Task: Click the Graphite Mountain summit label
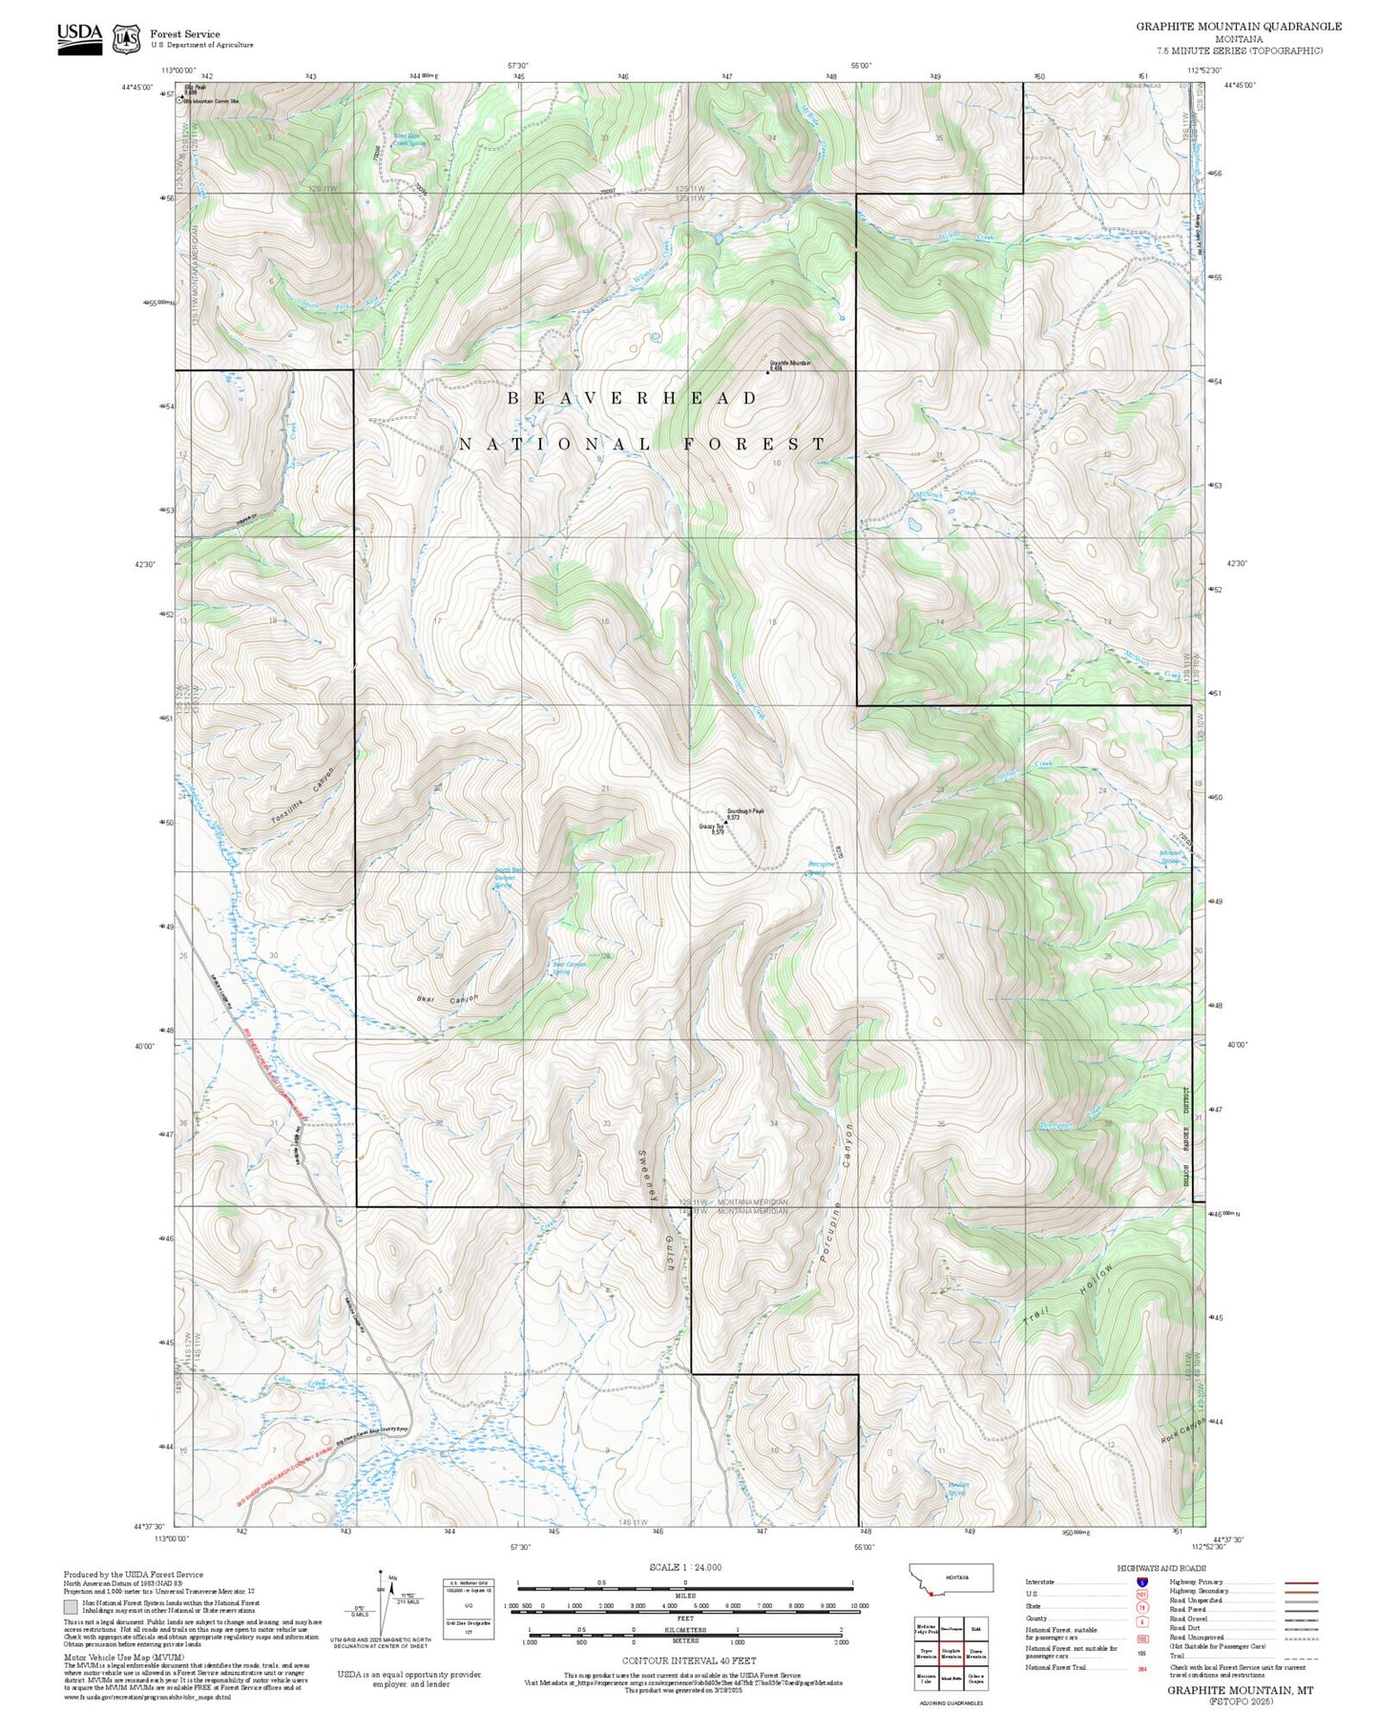tap(790, 364)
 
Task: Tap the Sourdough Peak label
tap(745, 811)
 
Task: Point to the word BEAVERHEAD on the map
tap(632, 398)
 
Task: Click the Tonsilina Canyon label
tap(303, 796)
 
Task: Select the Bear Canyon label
tap(448, 999)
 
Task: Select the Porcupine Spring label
tap(821, 867)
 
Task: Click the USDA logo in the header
tap(79, 38)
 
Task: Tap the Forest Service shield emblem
tap(125, 39)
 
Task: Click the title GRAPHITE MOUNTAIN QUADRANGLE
tap(1238, 26)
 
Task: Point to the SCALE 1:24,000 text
tap(684, 1567)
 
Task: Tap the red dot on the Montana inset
tap(930, 1593)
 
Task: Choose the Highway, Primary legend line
tap(1302, 1582)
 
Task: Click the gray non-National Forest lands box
tap(70, 1606)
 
